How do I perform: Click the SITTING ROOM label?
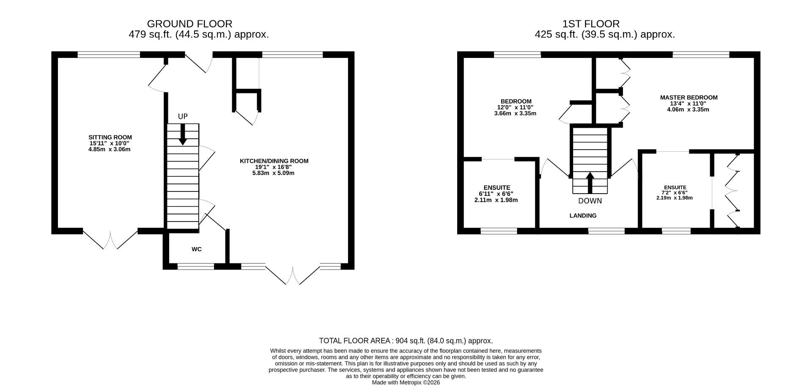click(x=110, y=137)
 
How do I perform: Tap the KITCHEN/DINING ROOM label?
click(x=274, y=161)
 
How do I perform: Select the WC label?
click(x=197, y=249)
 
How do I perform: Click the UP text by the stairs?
click(x=183, y=117)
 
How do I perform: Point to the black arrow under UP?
click(x=183, y=134)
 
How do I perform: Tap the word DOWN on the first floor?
click(x=590, y=201)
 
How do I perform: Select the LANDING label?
click(x=583, y=216)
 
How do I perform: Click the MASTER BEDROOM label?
click(x=689, y=98)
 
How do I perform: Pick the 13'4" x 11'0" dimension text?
click(x=688, y=104)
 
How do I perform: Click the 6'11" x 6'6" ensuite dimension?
click(x=496, y=194)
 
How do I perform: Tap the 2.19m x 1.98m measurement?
click(x=675, y=198)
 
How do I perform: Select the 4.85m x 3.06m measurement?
click(x=110, y=149)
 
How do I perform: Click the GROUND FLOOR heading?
click(x=189, y=24)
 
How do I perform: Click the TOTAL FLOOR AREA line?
click(x=406, y=341)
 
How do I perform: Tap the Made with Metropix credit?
click(x=406, y=383)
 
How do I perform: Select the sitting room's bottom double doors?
click(x=110, y=239)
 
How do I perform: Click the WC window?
click(x=195, y=266)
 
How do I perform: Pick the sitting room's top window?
click(x=109, y=55)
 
